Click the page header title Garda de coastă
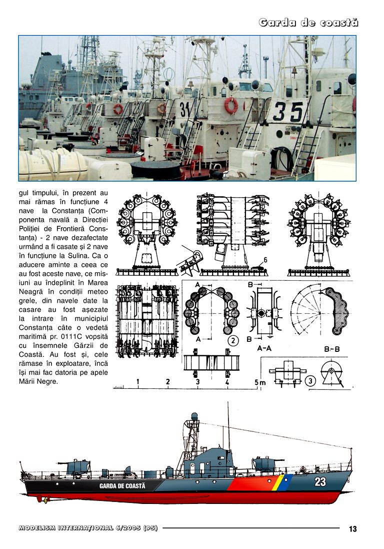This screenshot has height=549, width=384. click(308, 23)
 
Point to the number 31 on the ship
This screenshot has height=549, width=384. click(185, 109)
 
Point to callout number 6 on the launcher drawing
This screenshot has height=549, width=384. click(266, 260)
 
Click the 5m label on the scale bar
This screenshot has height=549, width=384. click(260, 382)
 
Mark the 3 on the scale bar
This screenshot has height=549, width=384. click(198, 382)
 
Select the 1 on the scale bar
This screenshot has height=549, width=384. click(138, 382)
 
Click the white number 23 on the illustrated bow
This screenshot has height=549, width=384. click(320, 482)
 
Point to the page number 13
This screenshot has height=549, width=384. click(352, 529)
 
